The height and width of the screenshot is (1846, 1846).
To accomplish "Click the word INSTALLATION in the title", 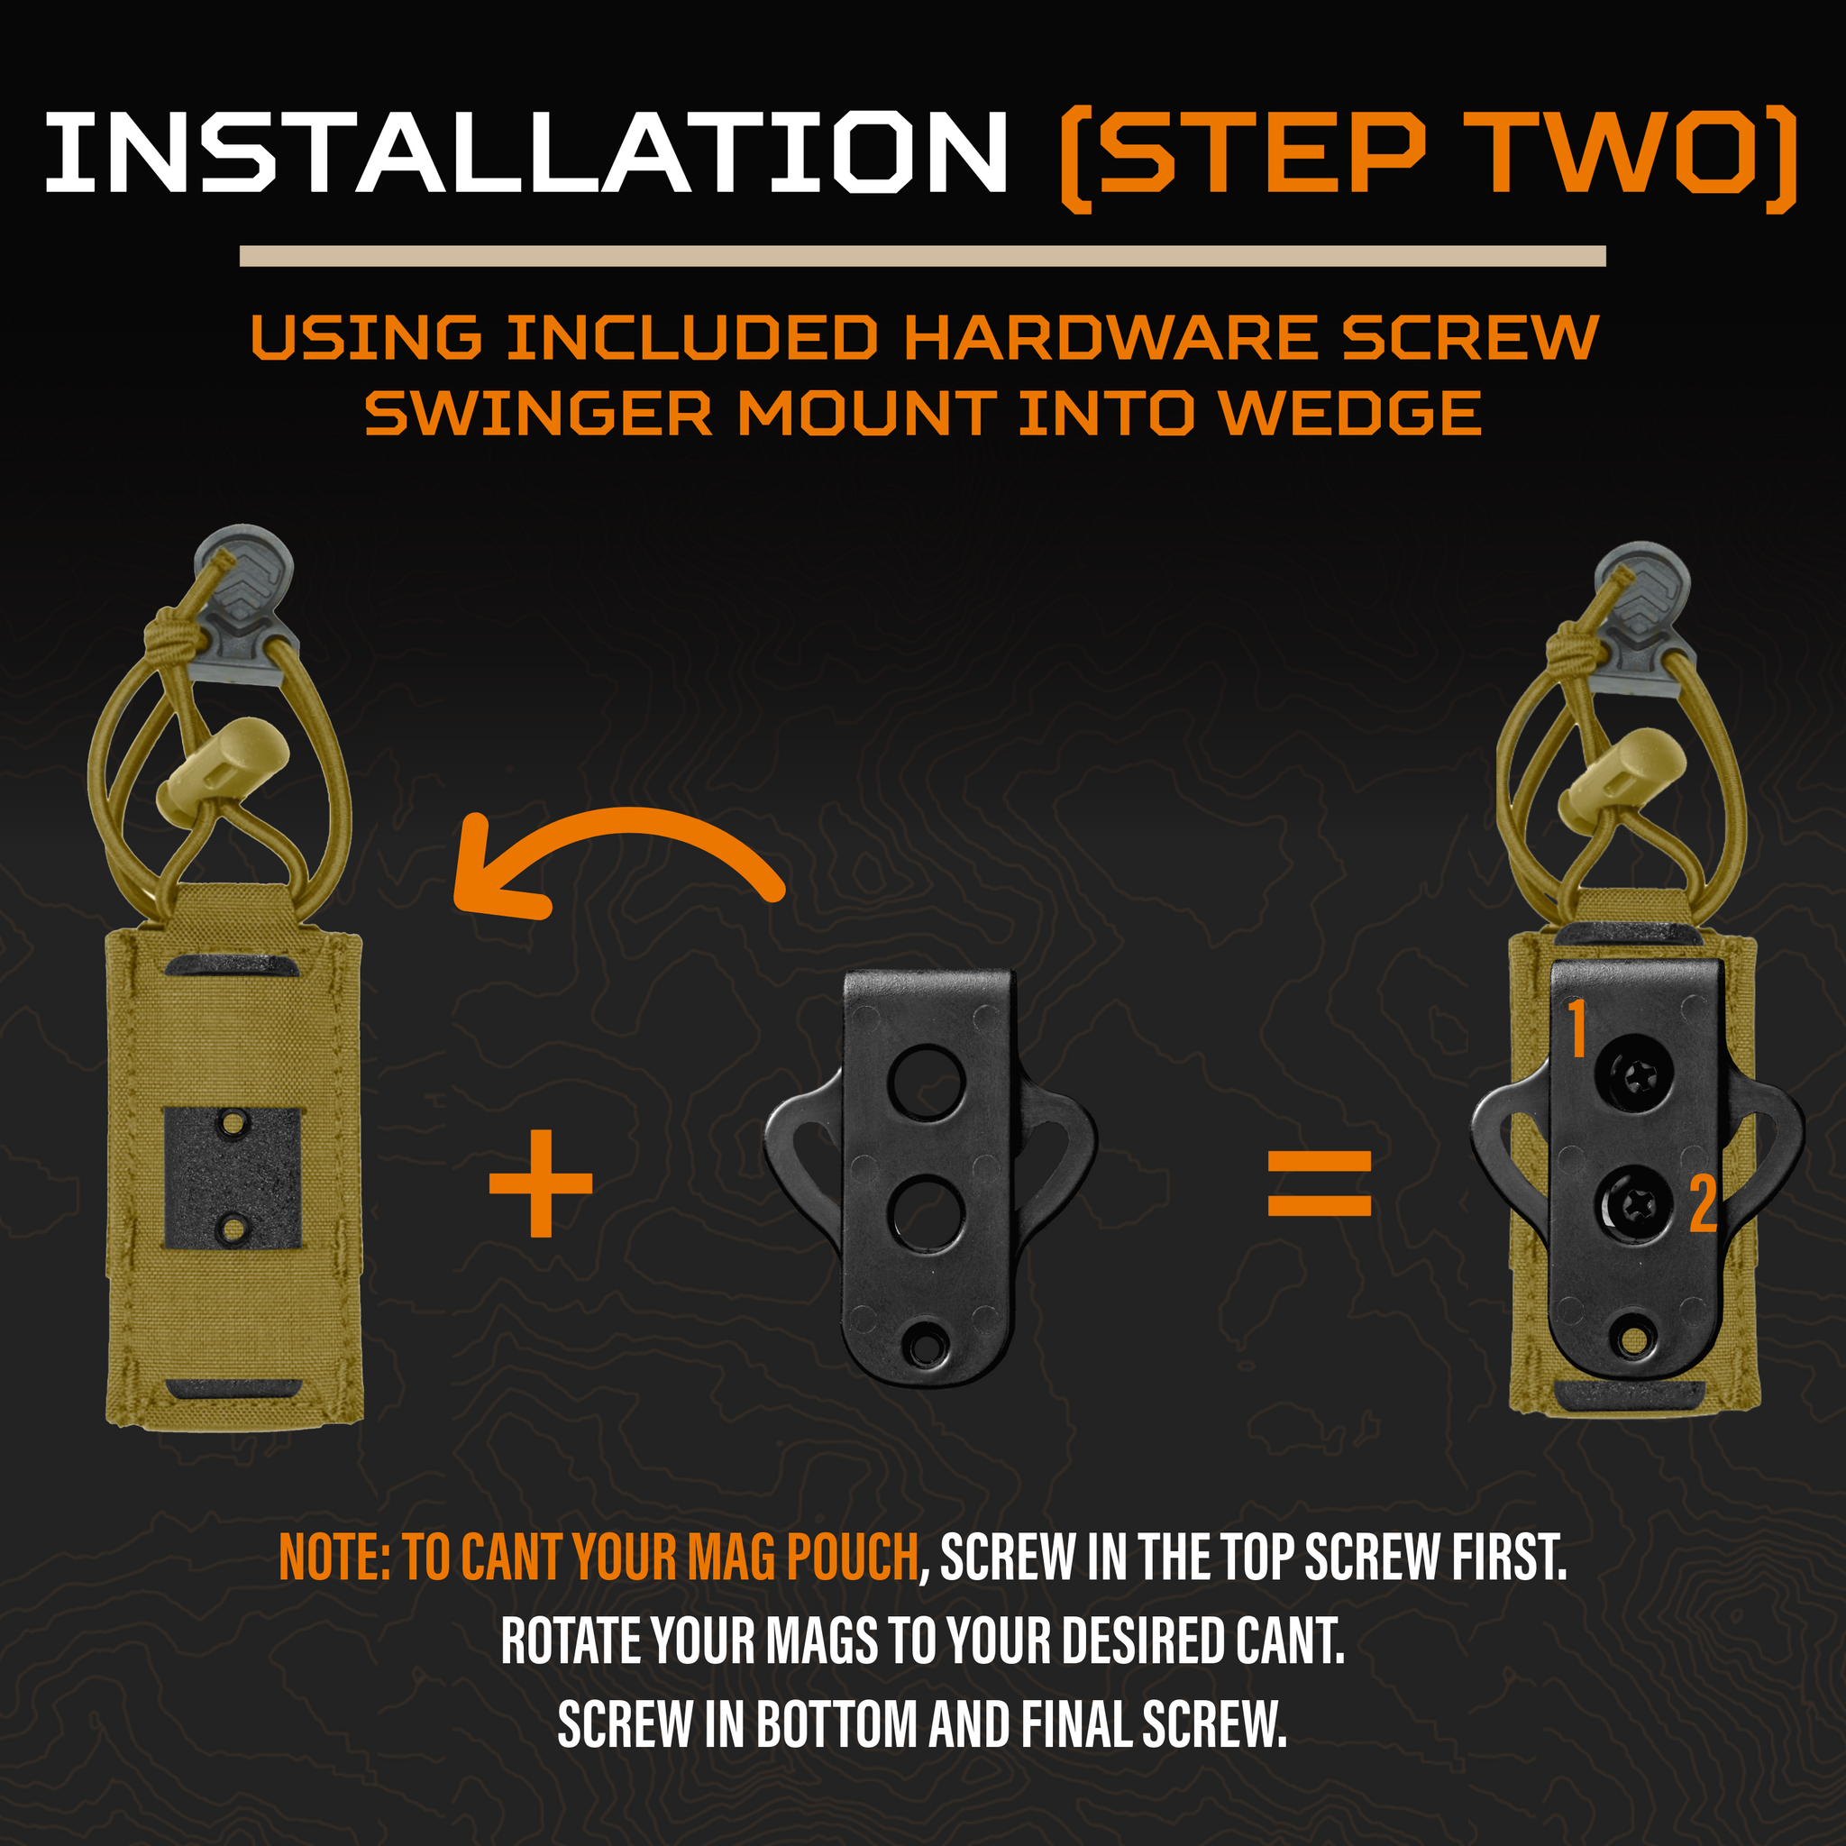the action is click(526, 153).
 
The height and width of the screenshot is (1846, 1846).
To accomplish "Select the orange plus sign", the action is click(541, 1183).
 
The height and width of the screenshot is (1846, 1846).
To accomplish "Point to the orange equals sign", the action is click(1320, 1183).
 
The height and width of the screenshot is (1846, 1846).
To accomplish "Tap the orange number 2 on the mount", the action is click(1703, 1203).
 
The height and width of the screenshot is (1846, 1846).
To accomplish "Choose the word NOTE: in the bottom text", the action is click(334, 1557).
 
